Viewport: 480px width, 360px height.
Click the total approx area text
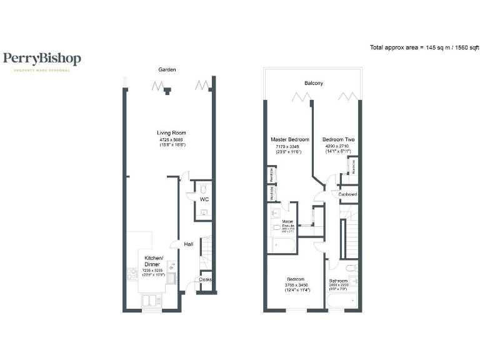click(x=424, y=47)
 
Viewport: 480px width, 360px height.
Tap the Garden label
click(x=166, y=70)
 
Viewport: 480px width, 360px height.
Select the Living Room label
click(x=171, y=132)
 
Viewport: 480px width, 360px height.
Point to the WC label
click(x=204, y=199)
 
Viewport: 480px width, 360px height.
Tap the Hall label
click(x=188, y=244)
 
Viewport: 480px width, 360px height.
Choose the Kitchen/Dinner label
click(x=154, y=261)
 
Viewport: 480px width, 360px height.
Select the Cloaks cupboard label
click(x=205, y=279)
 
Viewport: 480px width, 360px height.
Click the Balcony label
click(x=313, y=83)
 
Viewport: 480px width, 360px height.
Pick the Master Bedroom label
click(x=289, y=139)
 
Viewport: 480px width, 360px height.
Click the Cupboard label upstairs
click(x=347, y=194)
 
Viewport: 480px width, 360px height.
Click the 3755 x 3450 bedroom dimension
click(x=296, y=284)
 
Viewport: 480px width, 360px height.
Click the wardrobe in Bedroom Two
click(x=353, y=166)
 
